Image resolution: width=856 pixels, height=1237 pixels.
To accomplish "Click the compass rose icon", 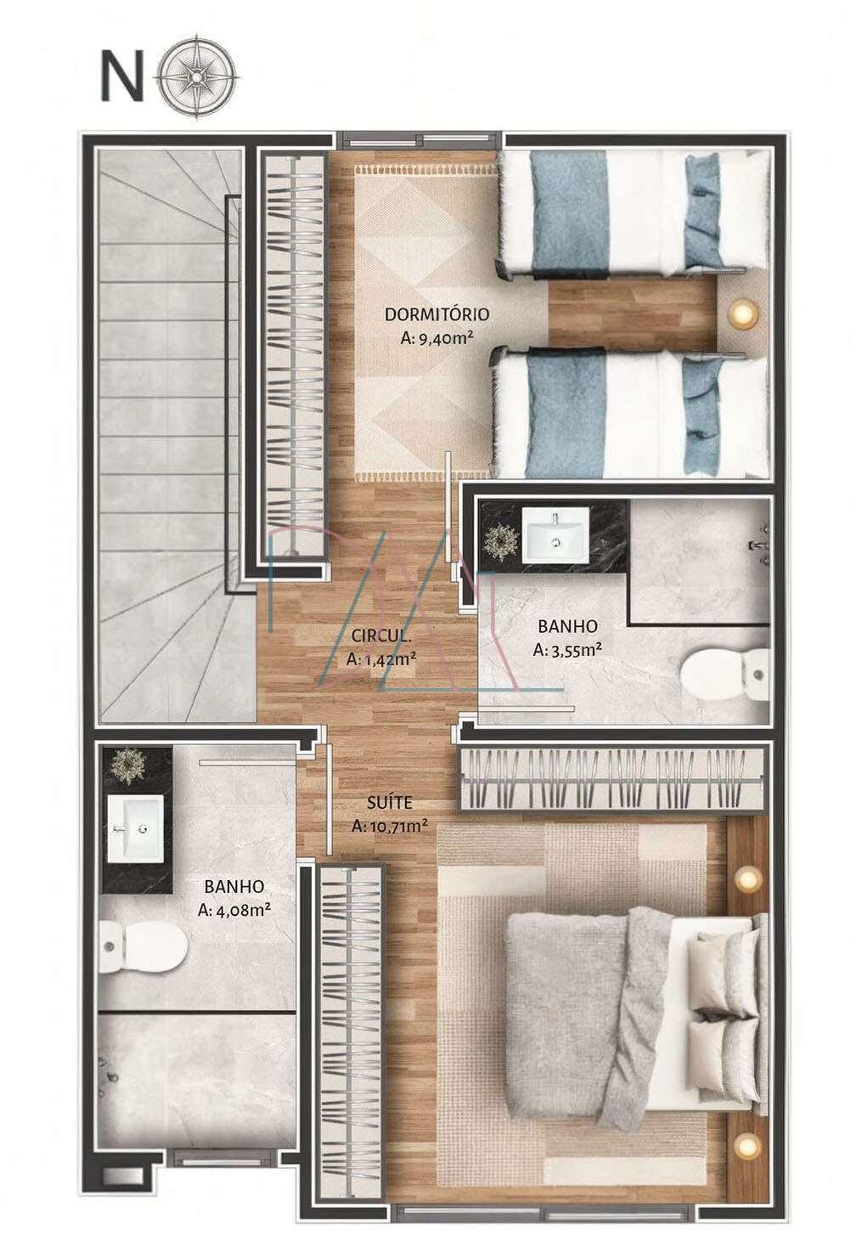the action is pos(198,76).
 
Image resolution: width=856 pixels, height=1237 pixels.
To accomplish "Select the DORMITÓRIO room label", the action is pos(436,314).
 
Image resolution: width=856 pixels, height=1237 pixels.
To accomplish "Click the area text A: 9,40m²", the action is pos(437,338).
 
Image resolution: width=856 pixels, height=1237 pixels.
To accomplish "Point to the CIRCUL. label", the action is pos(380,635).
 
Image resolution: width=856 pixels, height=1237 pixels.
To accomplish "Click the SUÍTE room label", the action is pos(390,802).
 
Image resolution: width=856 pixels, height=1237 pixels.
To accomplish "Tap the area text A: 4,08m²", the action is pos(234,909).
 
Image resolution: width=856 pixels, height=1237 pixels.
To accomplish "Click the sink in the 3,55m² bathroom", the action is pos(555,535).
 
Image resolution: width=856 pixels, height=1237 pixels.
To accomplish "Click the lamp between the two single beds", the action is pos(741,313).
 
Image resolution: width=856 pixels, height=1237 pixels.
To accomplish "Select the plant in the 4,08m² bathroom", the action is pos(127,766).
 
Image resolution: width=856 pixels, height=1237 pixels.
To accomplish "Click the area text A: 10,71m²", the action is pos(390,826).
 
